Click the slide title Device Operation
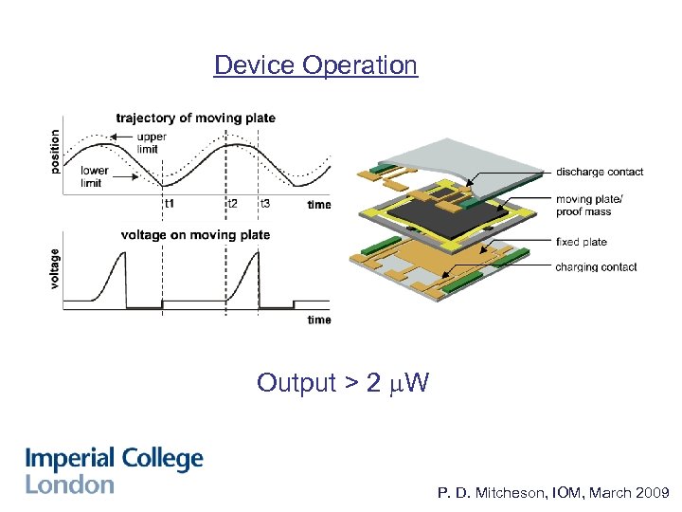click(315, 65)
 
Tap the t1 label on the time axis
click(169, 204)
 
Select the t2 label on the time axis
click(232, 204)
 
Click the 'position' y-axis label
click(55, 152)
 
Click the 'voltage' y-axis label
click(55, 268)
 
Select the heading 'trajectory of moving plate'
click(195, 119)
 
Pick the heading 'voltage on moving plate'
click(195, 235)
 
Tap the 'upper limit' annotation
click(151, 142)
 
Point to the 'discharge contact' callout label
click(599, 172)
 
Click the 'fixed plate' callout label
click(581, 242)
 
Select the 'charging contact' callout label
click(596, 267)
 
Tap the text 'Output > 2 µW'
click(342, 383)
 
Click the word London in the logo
click(69, 485)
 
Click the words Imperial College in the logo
click(114, 460)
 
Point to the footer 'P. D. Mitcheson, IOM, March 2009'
click(554, 494)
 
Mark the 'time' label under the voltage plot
click(319, 320)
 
